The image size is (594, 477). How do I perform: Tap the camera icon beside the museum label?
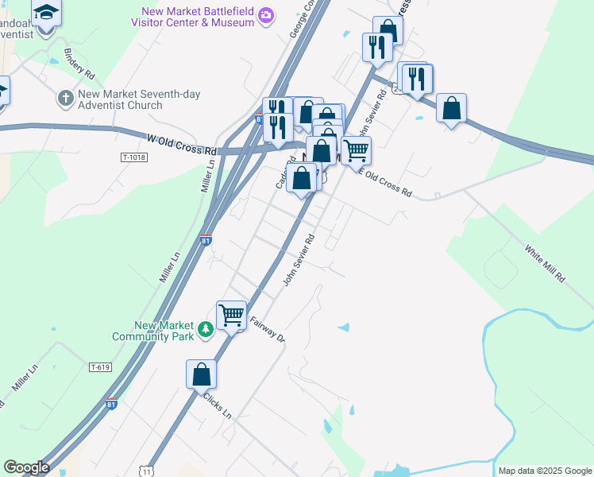click(x=267, y=15)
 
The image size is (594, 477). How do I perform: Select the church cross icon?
click(x=64, y=99)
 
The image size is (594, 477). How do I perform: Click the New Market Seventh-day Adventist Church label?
click(x=139, y=99)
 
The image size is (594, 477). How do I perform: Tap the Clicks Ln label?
click(x=216, y=405)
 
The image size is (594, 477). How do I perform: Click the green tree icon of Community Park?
click(x=206, y=328)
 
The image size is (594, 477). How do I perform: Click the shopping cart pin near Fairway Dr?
click(x=231, y=314)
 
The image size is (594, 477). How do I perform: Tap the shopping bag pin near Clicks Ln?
click(x=202, y=373)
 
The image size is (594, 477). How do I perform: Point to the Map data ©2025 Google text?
click(x=544, y=471)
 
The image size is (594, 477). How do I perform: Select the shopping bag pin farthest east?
click(x=451, y=107)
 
